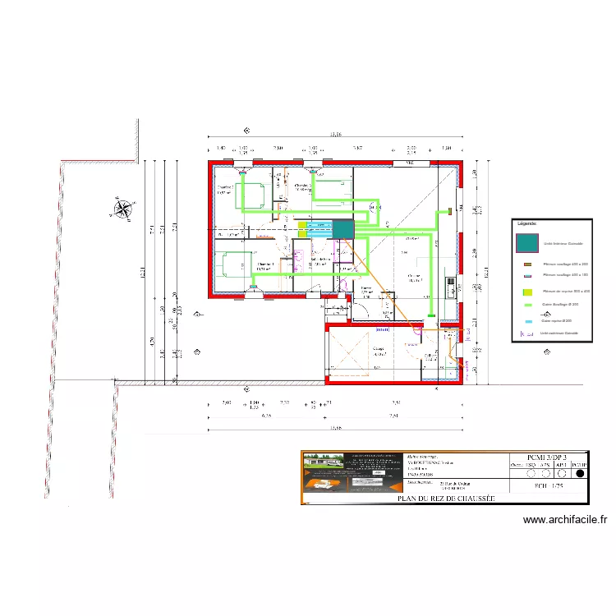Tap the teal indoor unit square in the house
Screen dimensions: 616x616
[x=342, y=229]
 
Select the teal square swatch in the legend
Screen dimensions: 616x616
[x=526, y=243]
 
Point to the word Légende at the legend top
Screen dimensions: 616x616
[x=526, y=223]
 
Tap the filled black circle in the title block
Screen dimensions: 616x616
[x=580, y=473]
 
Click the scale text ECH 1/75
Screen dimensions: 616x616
[x=546, y=485]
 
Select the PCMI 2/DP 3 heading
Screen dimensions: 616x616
[x=547, y=457]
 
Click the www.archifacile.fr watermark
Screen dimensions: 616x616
[x=564, y=519]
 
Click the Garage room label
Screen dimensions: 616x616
[x=379, y=349]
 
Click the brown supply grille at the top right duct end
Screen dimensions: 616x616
[x=450, y=212]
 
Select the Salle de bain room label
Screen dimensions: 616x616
[x=319, y=260]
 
